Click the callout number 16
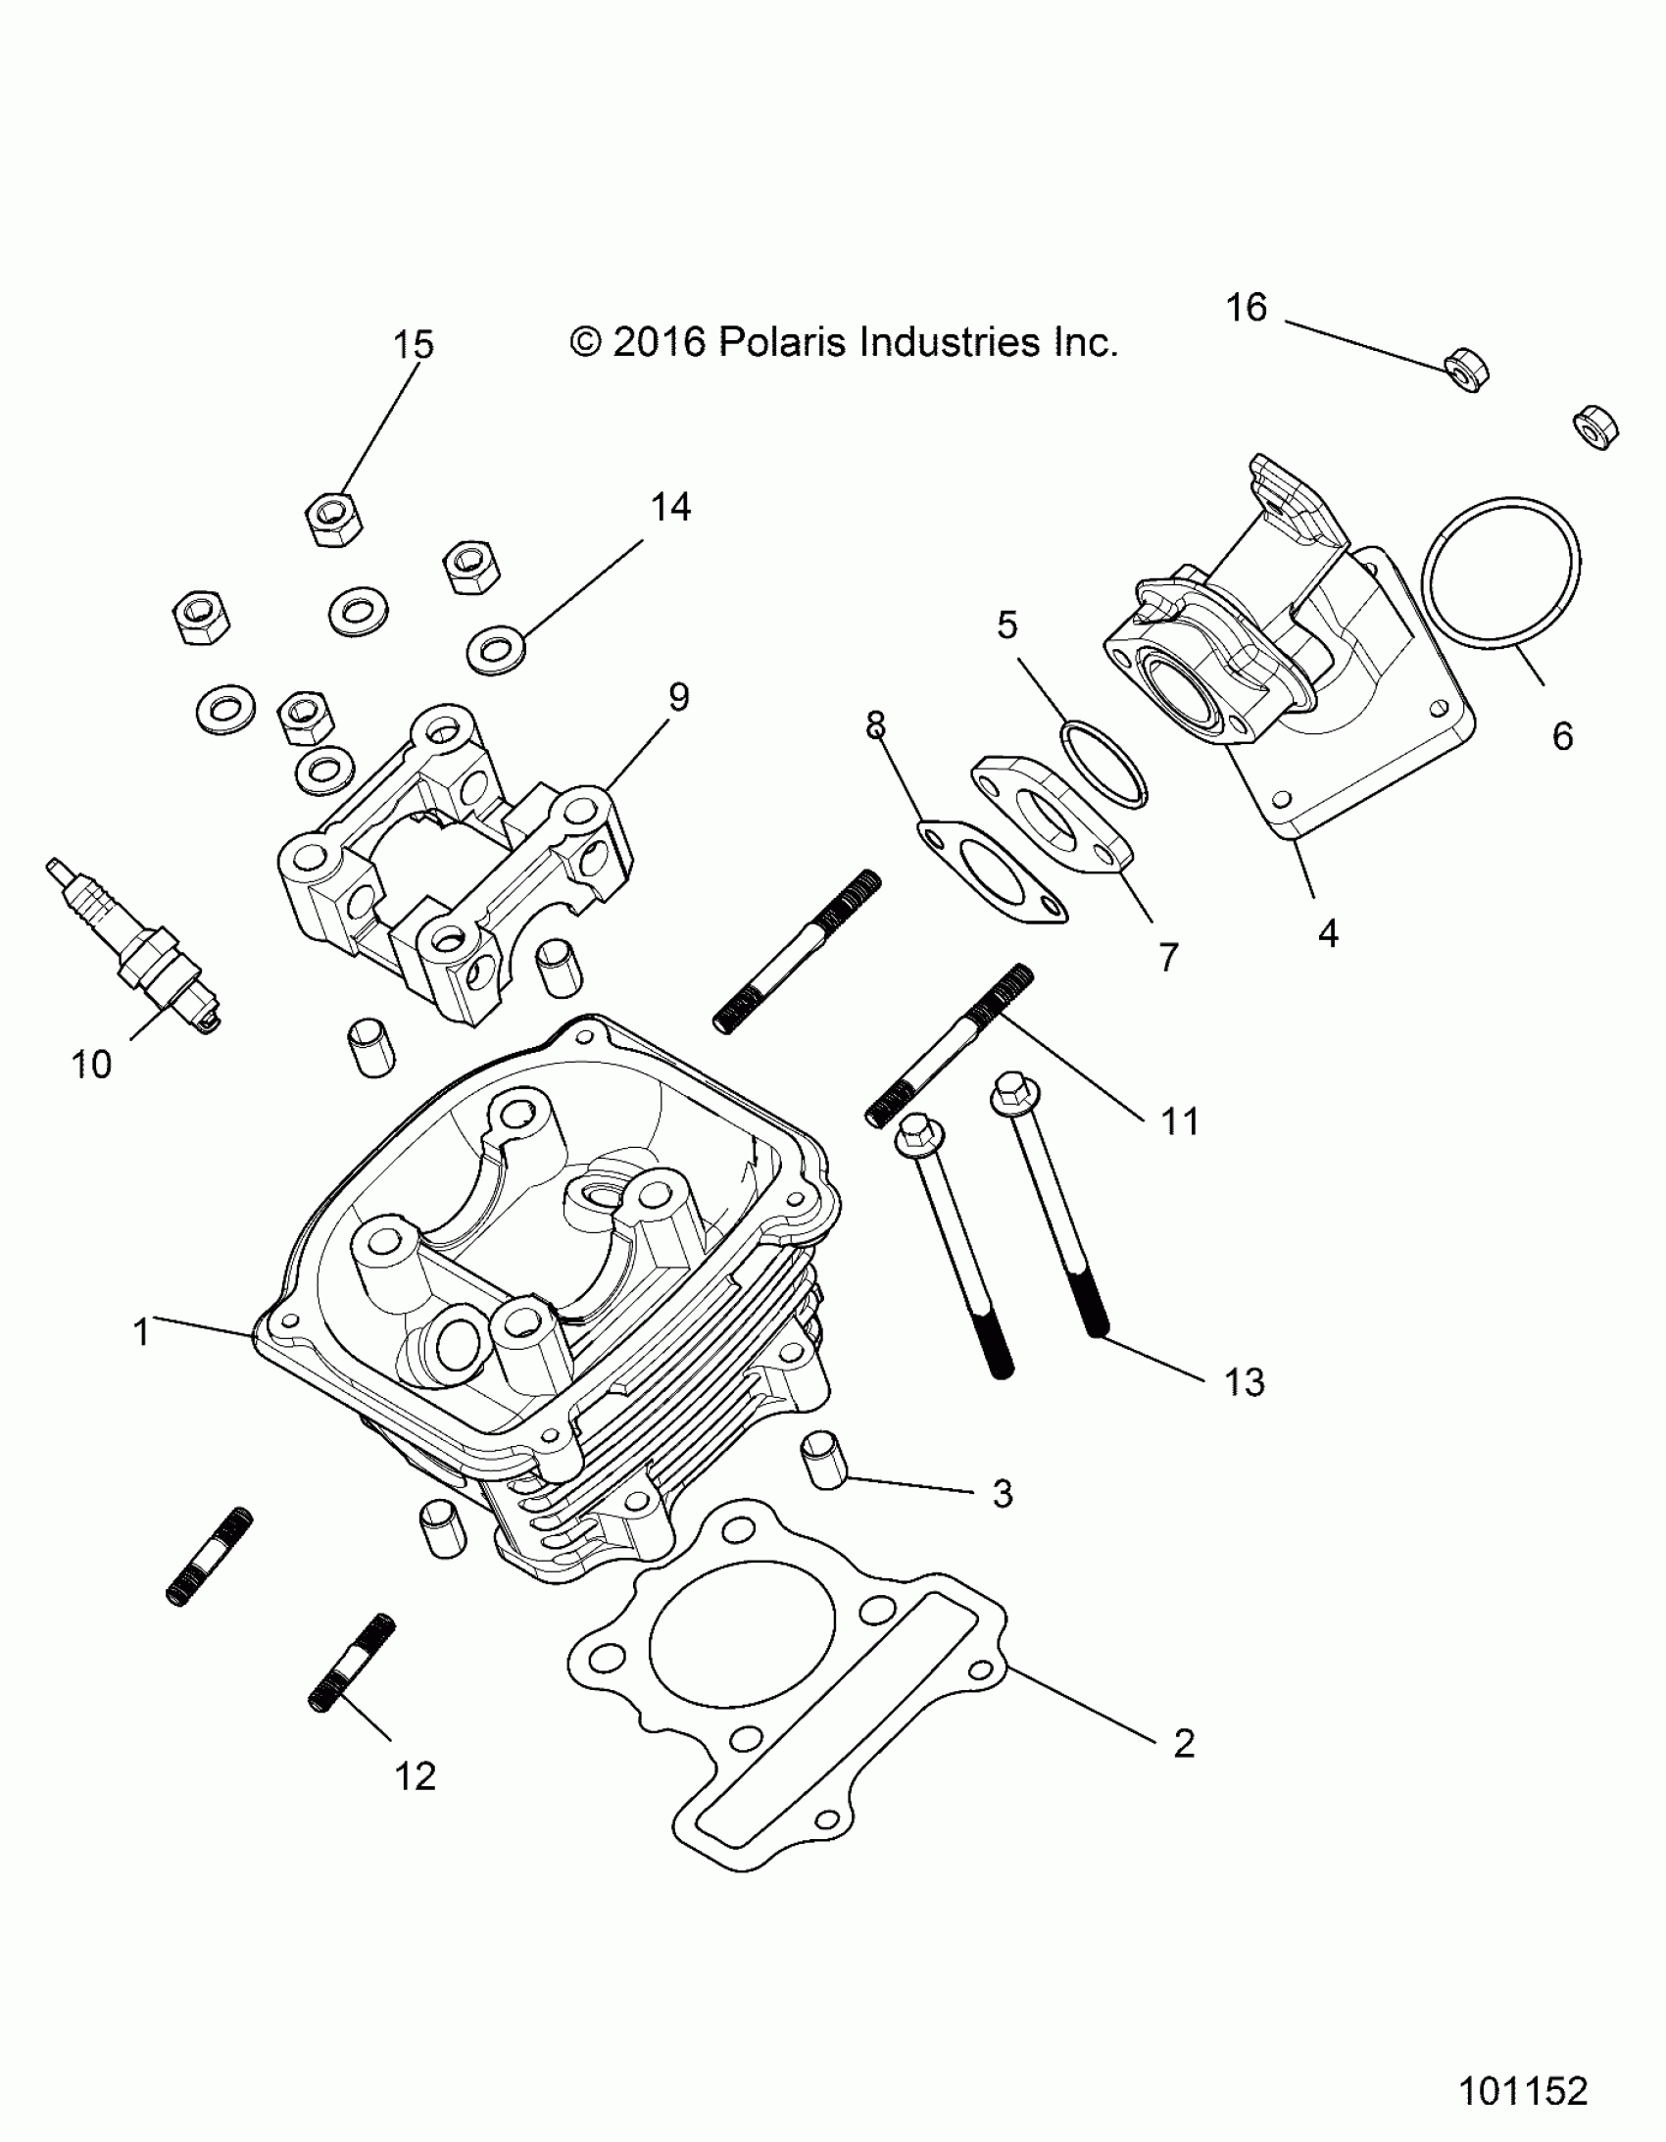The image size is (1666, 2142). pos(1247,309)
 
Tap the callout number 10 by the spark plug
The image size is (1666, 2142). pos(92,1064)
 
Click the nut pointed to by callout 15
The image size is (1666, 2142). pos(333,518)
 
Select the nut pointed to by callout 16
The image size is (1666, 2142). pos(1468,370)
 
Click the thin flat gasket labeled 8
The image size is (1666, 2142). pos(991,872)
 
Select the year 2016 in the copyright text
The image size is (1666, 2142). pos(659,342)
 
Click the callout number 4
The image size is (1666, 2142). pos(1328,933)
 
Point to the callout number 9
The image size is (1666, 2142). pos(678,697)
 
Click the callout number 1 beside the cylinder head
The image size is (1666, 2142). pos(141,1333)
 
